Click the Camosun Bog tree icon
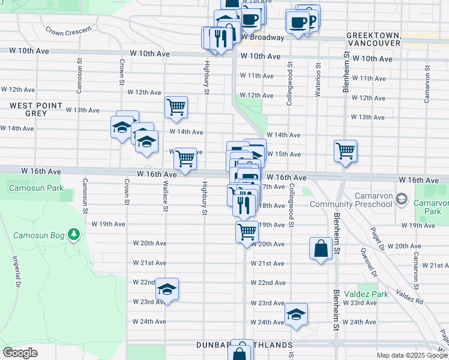(x=73, y=233)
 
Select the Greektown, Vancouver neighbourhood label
(x=373, y=40)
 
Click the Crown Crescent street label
(x=68, y=29)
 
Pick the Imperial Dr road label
(x=16, y=271)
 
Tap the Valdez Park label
(x=366, y=295)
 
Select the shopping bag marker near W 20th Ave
(x=321, y=248)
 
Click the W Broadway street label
(x=263, y=37)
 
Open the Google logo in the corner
(x=20, y=352)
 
